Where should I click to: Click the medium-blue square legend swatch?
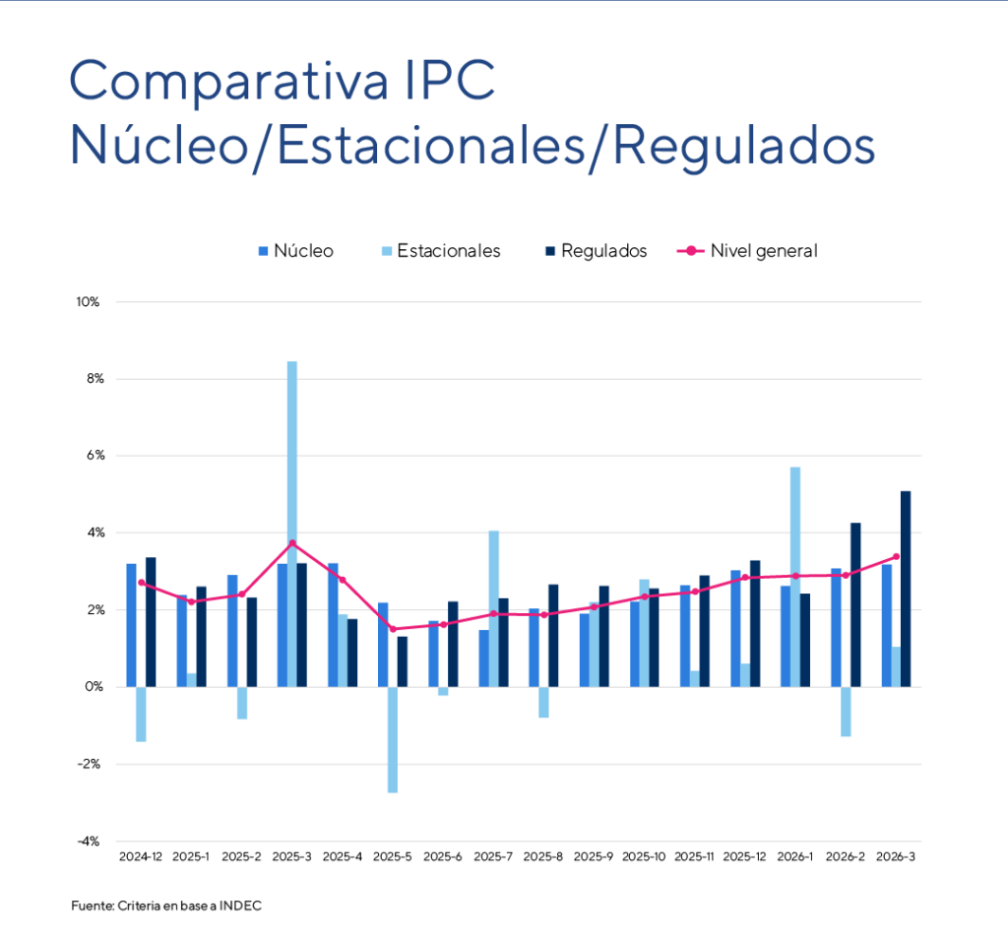[264, 251]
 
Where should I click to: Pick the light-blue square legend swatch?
[387, 251]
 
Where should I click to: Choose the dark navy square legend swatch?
[550, 251]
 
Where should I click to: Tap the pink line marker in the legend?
[691, 251]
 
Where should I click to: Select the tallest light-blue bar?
[292, 522]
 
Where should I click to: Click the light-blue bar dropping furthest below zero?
[392, 739]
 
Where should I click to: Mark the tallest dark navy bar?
[905, 588]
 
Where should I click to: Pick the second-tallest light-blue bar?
[795, 576]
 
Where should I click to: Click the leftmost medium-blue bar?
[131, 624]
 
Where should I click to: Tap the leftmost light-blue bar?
[141, 714]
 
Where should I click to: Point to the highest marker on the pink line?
[292, 543]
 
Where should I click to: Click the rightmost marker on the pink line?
[896, 556]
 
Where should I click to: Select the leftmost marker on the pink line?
[141, 582]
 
